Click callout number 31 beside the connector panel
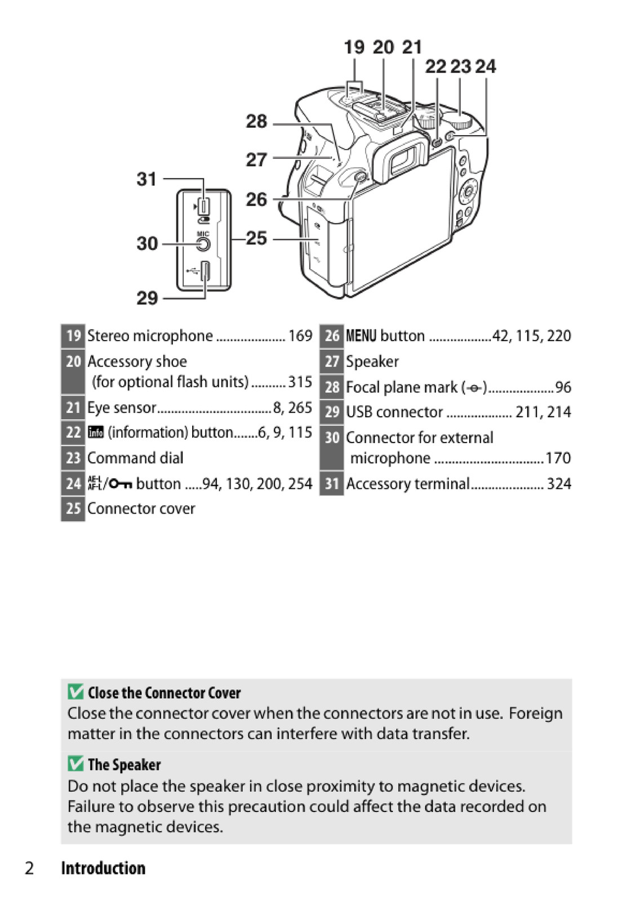click(x=146, y=179)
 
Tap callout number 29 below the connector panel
click(x=147, y=297)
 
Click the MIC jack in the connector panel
click(x=203, y=244)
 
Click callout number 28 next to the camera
click(x=256, y=121)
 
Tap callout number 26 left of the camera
click(x=256, y=199)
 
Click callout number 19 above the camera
click(x=354, y=47)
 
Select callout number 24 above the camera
click(x=485, y=66)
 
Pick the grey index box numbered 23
click(x=73, y=458)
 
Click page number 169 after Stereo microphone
click(x=300, y=336)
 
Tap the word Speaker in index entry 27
click(x=372, y=362)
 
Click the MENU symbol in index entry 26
click(x=361, y=336)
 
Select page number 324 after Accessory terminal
click(x=559, y=484)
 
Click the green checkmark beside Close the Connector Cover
click(x=75, y=692)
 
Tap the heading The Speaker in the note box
click(x=124, y=765)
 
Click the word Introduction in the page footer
click(x=103, y=868)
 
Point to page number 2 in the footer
click(x=29, y=868)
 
